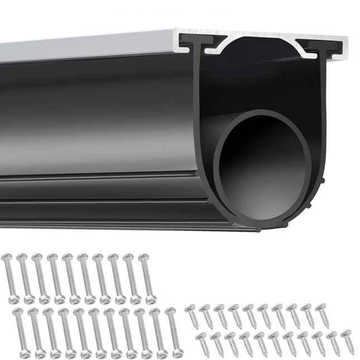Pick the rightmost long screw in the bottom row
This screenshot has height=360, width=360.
click(x=174, y=334)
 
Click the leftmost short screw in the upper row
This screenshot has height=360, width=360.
click(x=194, y=316)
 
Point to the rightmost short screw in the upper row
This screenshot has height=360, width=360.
click(x=323, y=315)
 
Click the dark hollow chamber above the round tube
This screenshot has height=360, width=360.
click(x=257, y=78)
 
